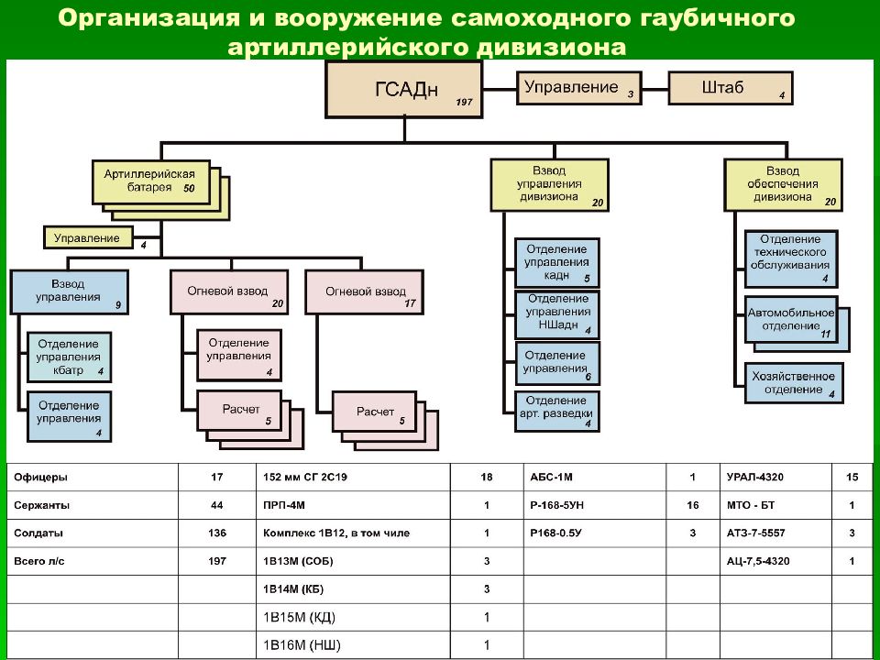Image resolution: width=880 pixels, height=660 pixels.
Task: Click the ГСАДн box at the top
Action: [x=403, y=89]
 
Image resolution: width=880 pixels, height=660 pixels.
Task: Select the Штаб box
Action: [x=731, y=88]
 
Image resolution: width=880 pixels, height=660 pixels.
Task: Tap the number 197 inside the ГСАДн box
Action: [x=464, y=102]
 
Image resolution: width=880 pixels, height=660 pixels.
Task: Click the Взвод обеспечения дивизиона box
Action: [x=783, y=184]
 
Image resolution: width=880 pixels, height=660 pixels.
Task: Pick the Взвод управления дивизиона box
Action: [x=549, y=184]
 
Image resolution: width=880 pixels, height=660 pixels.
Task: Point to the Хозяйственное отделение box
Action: [x=794, y=383]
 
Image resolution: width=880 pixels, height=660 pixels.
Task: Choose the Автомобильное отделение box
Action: [x=791, y=319]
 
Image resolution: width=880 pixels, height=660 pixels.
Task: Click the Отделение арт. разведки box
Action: [x=556, y=412]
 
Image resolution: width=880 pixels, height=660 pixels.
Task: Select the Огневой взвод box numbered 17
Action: [x=364, y=291]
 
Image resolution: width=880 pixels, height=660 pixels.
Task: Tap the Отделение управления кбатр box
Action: [x=69, y=357]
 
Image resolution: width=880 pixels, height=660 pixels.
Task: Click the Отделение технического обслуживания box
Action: [x=791, y=258]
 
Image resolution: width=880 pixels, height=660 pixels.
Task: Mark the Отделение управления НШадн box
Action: [x=556, y=314]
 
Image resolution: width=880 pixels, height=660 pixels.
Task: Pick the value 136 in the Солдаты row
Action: [x=217, y=533]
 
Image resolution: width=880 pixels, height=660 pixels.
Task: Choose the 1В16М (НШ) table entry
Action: [x=302, y=645]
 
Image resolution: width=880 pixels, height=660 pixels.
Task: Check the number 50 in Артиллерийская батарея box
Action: [x=189, y=189]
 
